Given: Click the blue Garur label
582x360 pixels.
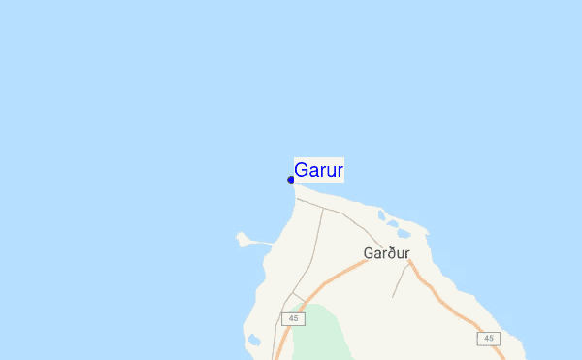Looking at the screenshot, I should [319, 170].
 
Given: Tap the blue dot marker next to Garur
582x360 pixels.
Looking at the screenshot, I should [291, 180].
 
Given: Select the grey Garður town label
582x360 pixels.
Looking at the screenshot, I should [386, 253].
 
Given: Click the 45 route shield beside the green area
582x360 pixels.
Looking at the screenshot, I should [293, 318].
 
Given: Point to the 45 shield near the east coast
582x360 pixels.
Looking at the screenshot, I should [488, 338].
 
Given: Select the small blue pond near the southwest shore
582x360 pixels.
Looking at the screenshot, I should [254, 341].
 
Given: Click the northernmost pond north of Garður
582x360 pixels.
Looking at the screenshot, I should [382, 216].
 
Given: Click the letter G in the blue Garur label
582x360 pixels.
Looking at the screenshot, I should [302, 170].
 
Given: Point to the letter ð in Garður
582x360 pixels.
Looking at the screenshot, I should [388, 253].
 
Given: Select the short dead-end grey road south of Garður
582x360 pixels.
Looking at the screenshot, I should [398, 281].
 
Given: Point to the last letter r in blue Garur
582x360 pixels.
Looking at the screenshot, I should [339, 171].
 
